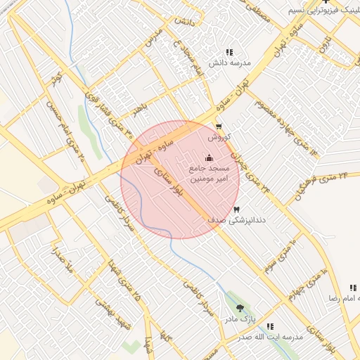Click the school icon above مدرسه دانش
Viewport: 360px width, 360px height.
[x=229, y=53]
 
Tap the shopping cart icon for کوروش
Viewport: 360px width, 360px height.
[x=219, y=127]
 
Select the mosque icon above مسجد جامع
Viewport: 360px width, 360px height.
[x=208, y=157]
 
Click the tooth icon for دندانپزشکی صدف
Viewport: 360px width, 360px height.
[x=236, y=209]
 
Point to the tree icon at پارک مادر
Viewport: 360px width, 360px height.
[x=240, y=308]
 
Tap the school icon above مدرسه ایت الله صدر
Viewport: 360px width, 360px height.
[x=270, y=326]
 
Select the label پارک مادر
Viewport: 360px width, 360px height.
[x=240, y=320]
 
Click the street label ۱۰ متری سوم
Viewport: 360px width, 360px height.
[x=279, y=256]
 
